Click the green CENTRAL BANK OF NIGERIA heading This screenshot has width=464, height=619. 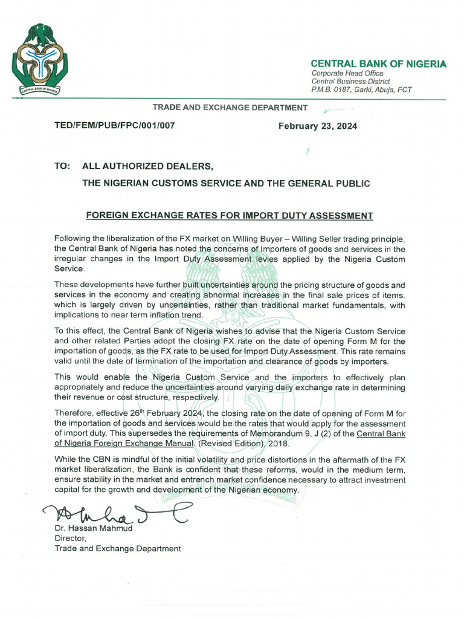click(x=378, y=64)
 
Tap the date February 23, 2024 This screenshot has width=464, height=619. click(x=317, y=126)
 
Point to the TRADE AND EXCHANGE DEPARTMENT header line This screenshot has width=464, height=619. click(x=230, y=108)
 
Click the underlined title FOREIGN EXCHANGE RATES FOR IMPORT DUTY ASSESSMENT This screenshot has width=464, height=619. click(x=230, y=216)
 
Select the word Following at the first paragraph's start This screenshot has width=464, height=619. click(x=74, y=239)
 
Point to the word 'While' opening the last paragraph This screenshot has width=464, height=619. click(x=65, y=460)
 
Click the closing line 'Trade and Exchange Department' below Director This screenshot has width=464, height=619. click(x=117, y=548)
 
